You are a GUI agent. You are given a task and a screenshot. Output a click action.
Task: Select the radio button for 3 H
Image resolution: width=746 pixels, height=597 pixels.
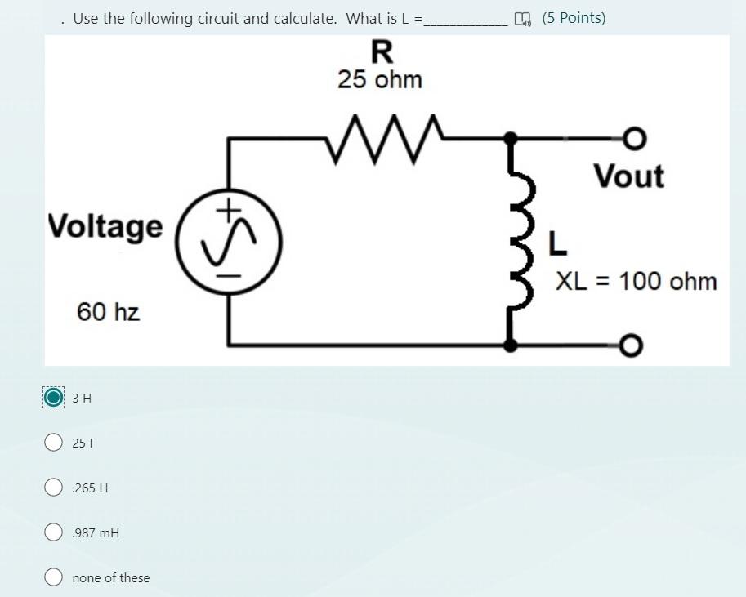(54, 398)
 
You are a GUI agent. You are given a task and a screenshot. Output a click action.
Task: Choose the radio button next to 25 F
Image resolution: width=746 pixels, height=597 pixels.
(54, 443)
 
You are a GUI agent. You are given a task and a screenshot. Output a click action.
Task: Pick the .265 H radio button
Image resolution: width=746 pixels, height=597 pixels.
(54, 488)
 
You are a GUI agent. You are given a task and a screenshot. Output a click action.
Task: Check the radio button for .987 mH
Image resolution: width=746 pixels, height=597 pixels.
(54, 532)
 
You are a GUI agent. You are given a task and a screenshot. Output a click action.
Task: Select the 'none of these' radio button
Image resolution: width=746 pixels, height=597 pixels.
(54, 577)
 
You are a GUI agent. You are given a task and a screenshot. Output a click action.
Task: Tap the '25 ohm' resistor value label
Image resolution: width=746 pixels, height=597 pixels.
(380, 80)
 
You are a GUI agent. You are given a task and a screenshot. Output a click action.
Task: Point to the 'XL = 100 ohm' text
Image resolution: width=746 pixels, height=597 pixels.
(636, 282)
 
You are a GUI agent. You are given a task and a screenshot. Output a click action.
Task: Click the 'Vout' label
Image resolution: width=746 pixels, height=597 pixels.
(628, 176)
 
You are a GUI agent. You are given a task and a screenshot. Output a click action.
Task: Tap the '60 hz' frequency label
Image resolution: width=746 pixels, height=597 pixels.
(108, 311)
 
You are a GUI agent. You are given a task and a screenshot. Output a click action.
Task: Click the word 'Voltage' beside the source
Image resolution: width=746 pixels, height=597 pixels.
(105, 226)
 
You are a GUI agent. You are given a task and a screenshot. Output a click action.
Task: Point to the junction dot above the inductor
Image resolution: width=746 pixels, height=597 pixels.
(511, 139)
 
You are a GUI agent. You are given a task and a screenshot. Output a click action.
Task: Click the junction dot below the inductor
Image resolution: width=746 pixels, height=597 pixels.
(511, 345)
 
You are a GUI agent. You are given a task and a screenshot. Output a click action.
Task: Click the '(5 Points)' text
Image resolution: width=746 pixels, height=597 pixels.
(574, 18)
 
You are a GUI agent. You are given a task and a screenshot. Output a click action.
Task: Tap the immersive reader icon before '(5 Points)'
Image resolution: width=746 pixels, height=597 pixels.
(522, 19)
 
